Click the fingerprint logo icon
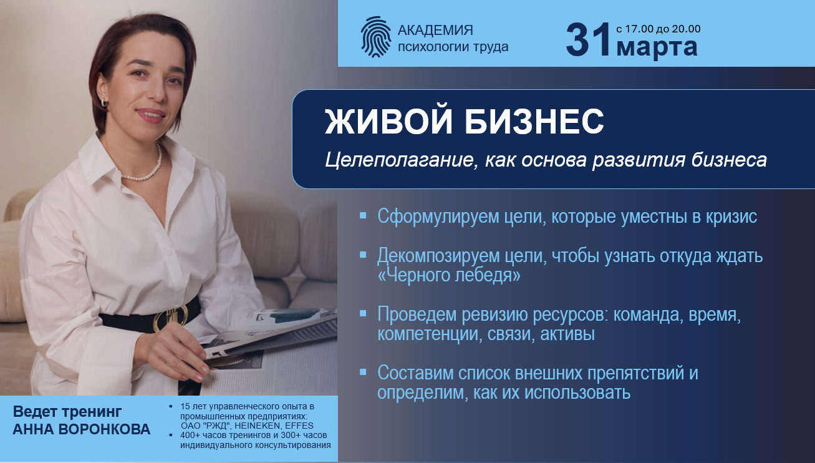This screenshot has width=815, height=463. pyautogui.click(x=375, y=37)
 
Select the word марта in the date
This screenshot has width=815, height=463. pyautogui.click(x=657, y=47)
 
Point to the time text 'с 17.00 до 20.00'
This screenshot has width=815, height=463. pyautogui.click(x=658, y=29)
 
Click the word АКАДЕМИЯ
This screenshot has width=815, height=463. pyautogui.click(x=435, y=30)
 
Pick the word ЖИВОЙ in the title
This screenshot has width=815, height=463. pyautogui.click(x=387, y=122)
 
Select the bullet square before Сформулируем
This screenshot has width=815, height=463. pyautogui.click(x=363, y=215)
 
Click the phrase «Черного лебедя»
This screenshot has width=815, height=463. pyautogui.click(x=449, y=275)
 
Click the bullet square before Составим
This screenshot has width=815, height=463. pyautogui.click(x=363, y=372)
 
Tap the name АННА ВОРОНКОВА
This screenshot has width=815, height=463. pyautogui.click(x=82, y=430)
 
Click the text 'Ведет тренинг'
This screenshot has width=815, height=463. pyautogui.click(x=67, y=412)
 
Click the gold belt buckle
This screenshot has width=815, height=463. pyautogui.click(x=170, y=316)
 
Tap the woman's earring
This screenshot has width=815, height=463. pyautogui.click(x=104, y=102)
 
